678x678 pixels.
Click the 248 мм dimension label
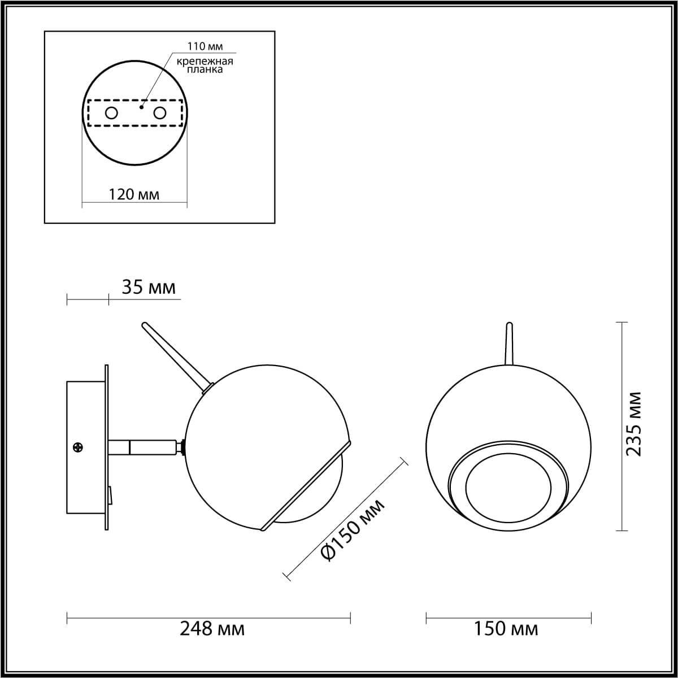pyautogui.click(x=212, y=628)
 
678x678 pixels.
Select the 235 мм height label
pyautogui.click(x=634, y=424)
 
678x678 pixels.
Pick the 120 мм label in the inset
pyautogui.click(x=134, y=194)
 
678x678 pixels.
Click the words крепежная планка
pyautogui.click(x=204, y=65)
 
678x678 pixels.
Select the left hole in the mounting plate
pyautogui.click(x=111, y=113)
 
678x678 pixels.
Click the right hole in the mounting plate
pyautogui.click(x=160, y=113)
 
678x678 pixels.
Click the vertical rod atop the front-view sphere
pyautogui.click(x=508, y=345)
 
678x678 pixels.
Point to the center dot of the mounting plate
pyautogui.click(x=141, y=105)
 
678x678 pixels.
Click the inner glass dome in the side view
pyautogui.click(x=316, y=497)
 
